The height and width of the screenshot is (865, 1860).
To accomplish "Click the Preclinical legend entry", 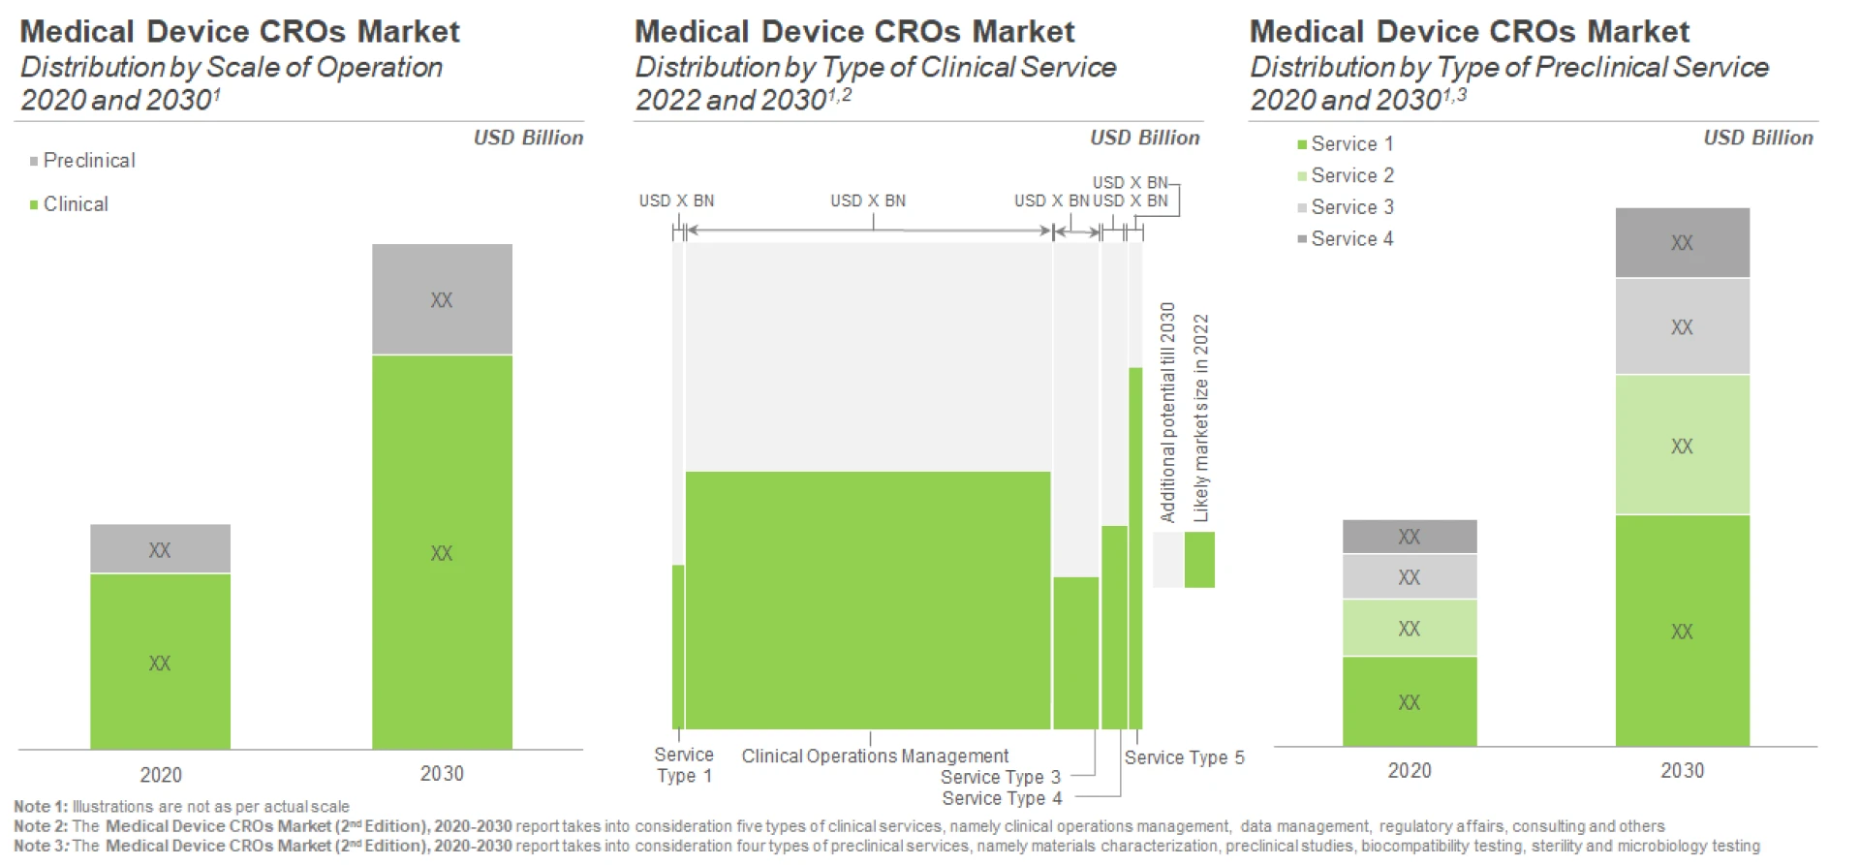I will (88, 161).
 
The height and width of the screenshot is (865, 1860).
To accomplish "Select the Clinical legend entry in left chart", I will (75, 204).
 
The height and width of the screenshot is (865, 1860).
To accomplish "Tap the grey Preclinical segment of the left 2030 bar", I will (442, 299).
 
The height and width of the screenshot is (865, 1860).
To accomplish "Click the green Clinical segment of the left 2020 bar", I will (160, 662).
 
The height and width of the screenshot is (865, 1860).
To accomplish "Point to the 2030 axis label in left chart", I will (442, 774).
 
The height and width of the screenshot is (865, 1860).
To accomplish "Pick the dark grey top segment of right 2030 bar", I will (1682, 243).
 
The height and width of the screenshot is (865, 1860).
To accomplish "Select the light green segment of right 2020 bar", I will (1409, 628).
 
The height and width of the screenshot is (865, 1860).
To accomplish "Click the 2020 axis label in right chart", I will (1409, 771).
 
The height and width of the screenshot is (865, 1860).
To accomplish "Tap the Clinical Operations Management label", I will (875, 757).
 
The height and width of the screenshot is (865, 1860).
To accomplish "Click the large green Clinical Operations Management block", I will (868, 601).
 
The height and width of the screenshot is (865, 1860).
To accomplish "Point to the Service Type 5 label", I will (1184, 757).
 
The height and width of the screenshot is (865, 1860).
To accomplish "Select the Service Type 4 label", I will (1002, 799).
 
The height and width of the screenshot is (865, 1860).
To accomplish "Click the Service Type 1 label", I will (684, 765).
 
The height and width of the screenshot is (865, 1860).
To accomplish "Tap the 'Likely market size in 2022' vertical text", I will (1201, 417).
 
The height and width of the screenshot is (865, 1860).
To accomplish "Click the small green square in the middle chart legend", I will (1199, 560).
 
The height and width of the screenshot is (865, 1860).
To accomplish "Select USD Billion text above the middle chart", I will (1144, 139).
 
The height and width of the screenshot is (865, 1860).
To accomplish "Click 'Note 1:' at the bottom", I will (40, 807).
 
